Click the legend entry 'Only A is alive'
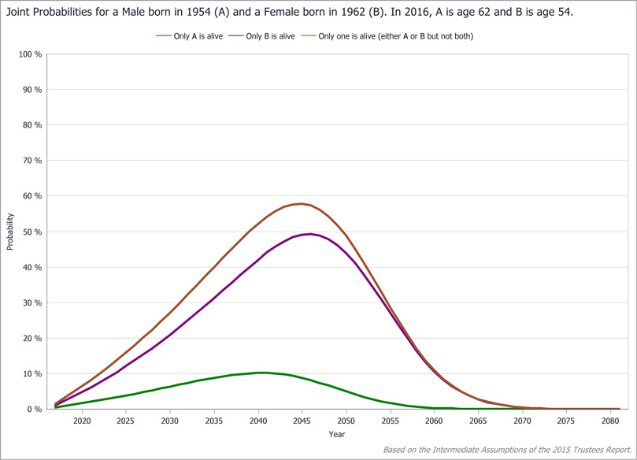(x=198, y=36)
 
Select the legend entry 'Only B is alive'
(x=270, y=36)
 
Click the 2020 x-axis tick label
(x=81, y=421)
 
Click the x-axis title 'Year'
(x=336, y=434)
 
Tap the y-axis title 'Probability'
(x=10, y=231)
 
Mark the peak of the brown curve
(x=302, y=204)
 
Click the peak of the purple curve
(x=311, y=234)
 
